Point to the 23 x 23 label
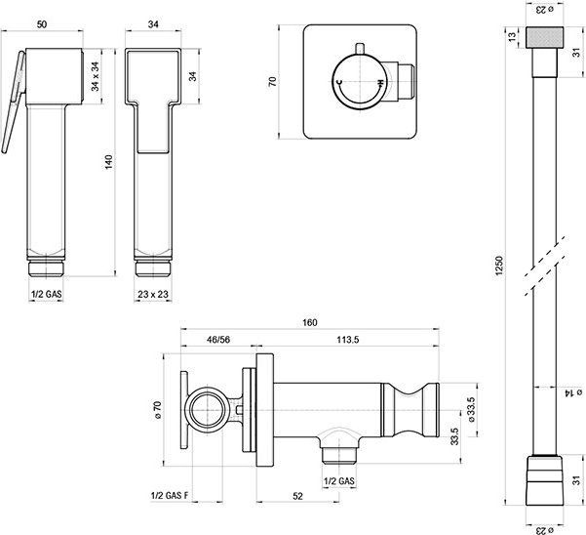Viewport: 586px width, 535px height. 153,294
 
